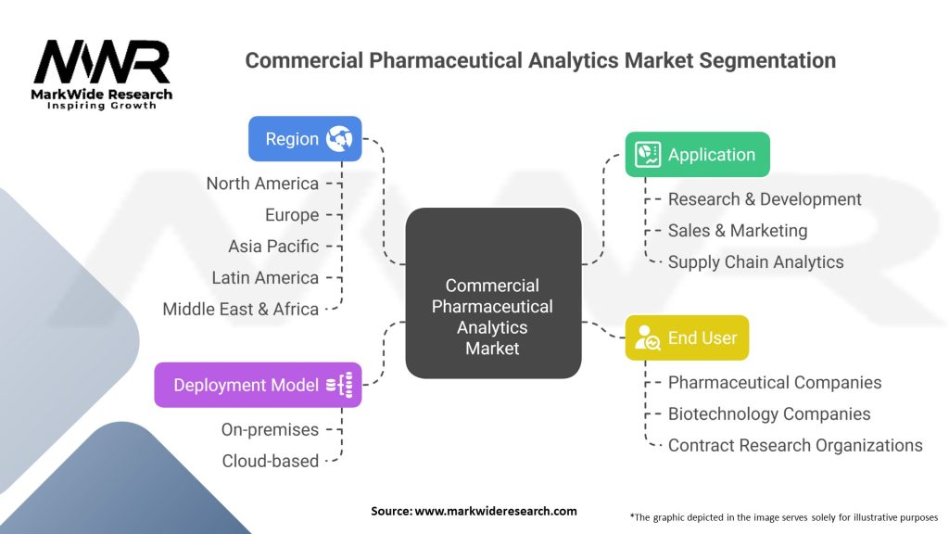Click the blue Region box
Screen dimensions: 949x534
point(305,139)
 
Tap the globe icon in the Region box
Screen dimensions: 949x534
point(339,139)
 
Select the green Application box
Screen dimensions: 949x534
point(697,155)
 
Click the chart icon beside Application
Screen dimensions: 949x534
point(648,155)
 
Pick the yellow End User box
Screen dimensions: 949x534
point(687,337)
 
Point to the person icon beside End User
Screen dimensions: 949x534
point(647,337)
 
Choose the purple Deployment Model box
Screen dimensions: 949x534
point(258,385)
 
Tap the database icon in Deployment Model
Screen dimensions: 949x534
point(339,385)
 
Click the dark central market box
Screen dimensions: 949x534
point(493,293)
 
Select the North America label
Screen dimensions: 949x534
point(262,184)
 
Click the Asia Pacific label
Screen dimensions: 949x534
point(273,247)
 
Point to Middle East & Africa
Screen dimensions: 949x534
point(240,310)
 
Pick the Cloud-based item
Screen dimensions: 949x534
point(270,462)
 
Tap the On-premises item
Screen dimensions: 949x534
point(270,430)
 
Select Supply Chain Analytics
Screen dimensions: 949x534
point(755,262)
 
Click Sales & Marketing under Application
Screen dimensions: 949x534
point(737,231)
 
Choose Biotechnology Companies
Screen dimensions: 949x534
point(768,414)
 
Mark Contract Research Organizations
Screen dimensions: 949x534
point(794,446)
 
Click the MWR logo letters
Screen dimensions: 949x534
point(102,62)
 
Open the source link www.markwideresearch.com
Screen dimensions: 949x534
point(495,511)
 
